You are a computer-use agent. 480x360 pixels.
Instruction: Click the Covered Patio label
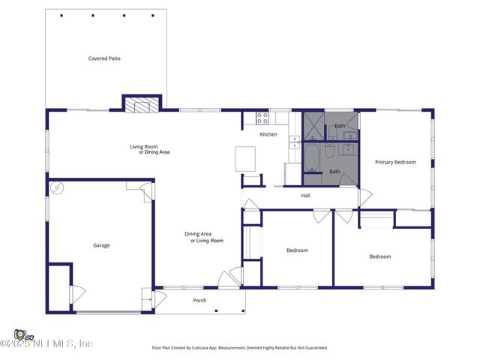click(x=104, y=58)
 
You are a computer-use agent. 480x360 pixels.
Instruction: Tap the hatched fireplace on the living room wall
click(x=142, y=106)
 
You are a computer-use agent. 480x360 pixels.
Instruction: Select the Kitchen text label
click(x=268, y=134)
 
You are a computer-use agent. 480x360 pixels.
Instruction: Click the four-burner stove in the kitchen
click(x=262, y=118)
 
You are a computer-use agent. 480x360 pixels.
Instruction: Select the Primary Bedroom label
click(x=395, y=162)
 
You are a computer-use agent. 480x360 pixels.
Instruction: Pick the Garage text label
click(x=101, y=245)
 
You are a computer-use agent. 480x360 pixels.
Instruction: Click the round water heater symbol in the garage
click(x=57, y=187)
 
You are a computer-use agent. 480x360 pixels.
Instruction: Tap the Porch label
click(x=199, y=301)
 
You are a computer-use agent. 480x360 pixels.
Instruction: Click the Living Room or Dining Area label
click(x=149, y=149)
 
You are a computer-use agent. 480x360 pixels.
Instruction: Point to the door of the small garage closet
click(x=77, y=294)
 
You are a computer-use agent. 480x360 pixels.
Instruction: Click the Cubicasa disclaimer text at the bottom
click(x=239, y=347)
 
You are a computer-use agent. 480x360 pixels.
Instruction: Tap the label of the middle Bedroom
click(x=297, y=250)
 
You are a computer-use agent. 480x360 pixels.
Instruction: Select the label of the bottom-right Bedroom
click(x=379, y=256)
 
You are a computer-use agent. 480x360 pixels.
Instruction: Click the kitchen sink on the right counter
click(x=293, y=140)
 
